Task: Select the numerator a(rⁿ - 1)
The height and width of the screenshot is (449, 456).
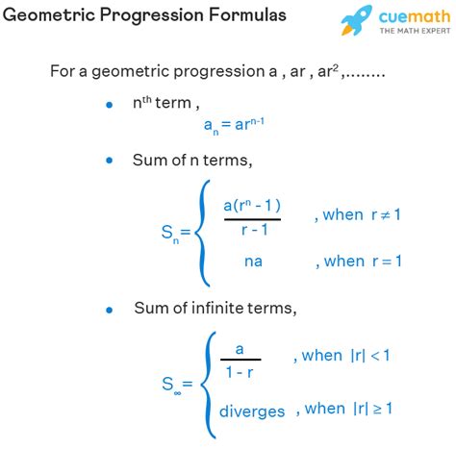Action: pos(252,206)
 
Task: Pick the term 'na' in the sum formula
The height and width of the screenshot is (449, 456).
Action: pos(253,262)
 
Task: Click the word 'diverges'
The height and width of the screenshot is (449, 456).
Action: pos(252,412)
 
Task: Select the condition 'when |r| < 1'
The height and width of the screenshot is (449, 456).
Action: pos(344,356)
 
